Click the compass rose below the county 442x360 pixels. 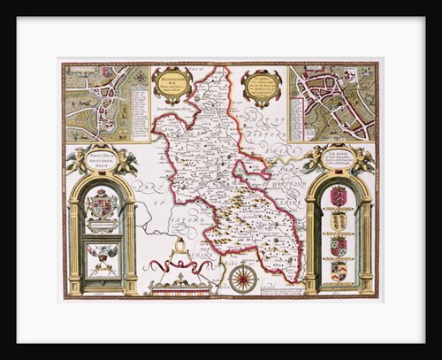243,278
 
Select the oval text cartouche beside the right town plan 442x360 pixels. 262,88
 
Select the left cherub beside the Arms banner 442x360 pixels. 312,157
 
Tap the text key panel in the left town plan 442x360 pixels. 140,106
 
